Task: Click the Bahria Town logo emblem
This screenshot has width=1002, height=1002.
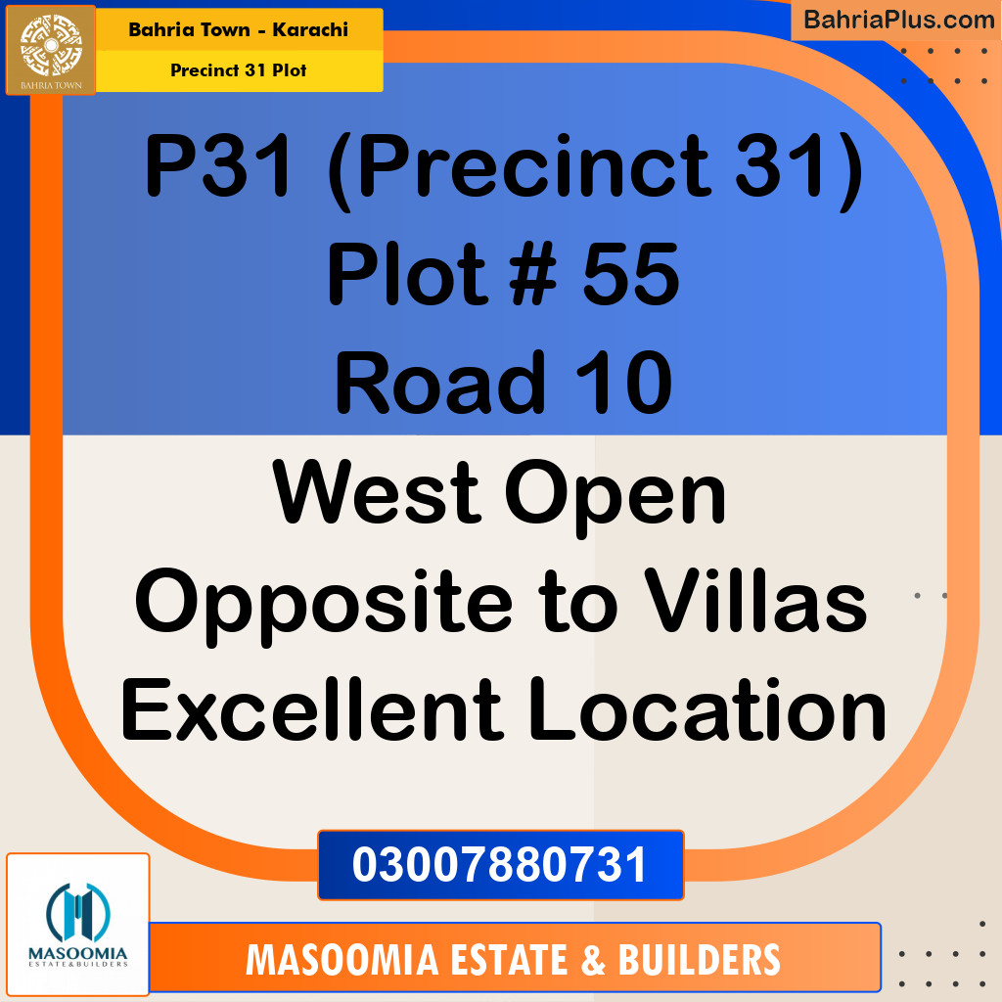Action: (x=51, y=49)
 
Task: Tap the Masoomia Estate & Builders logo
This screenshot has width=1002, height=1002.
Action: (x=78, y=925)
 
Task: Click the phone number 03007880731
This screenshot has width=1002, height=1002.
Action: (x=500, y=865)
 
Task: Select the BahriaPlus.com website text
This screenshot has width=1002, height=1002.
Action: (x=898, y=19)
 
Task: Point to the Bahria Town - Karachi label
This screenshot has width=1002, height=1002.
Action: (x=238, y=29)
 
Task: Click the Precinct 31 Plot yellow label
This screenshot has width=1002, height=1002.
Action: (x=238, y=69)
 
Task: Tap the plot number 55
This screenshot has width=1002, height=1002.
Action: (x=631, y=275)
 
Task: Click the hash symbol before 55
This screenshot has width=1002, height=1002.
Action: (x=527, y=275)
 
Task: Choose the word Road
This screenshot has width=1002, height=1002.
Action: (x=439, y=383)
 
